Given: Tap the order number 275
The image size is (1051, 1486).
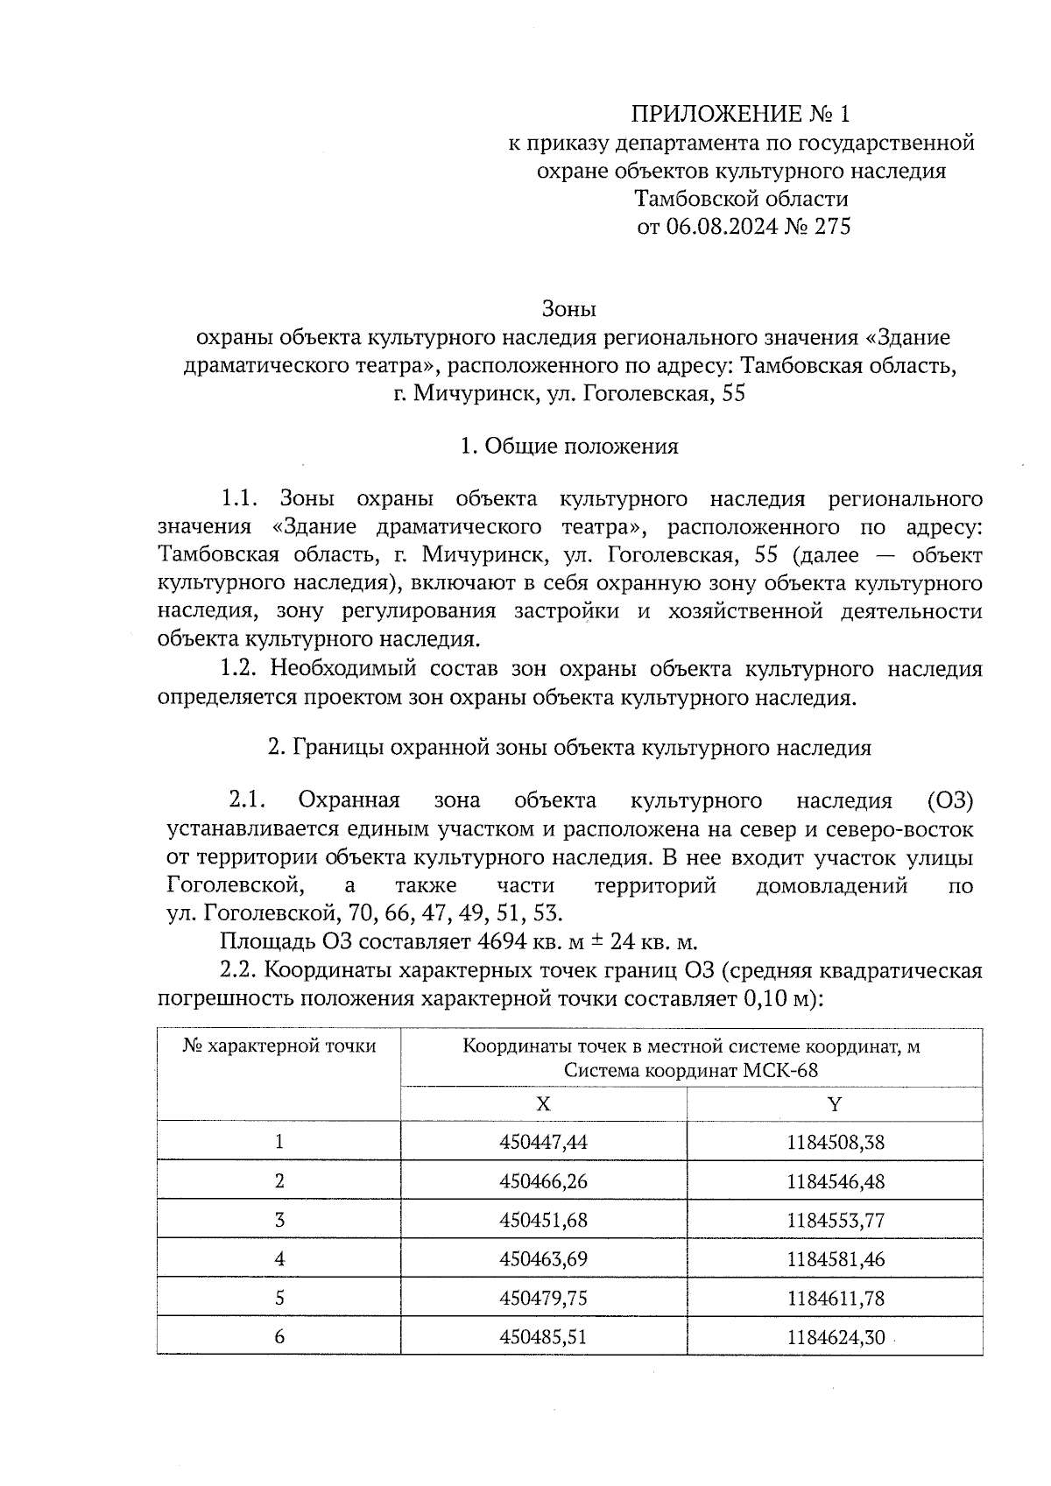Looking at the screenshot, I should coord(832,227).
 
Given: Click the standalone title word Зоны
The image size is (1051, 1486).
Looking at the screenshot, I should coord(568,309).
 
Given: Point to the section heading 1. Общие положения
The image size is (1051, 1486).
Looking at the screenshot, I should coord(569,447).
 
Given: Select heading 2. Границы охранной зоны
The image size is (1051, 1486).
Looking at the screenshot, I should coord(569,748).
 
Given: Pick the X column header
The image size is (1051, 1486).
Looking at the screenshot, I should coord(543,1104).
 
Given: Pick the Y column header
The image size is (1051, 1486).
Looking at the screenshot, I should coord(835,1104).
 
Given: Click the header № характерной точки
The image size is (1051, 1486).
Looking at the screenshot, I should coord(279,1046).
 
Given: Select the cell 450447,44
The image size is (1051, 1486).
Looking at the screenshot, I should coord(543,1143).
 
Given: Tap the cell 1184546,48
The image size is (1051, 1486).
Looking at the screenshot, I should coord(836,1182).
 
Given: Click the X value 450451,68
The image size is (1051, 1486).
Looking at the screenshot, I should coord(543,1221).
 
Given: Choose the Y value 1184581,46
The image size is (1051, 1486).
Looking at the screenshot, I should coord(836,1260).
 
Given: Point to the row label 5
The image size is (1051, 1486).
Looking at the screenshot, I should coord(279,1299).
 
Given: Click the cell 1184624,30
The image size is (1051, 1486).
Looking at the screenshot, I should coord(836,1338).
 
